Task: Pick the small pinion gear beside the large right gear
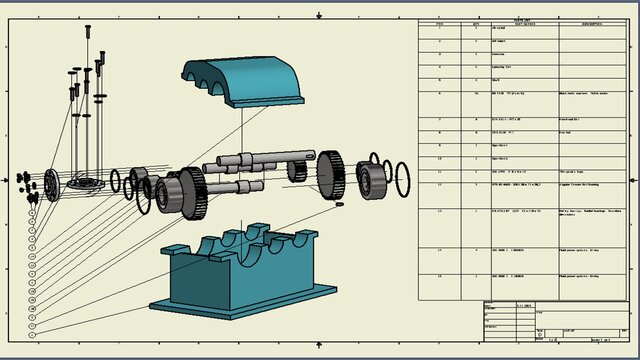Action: click(297, 171)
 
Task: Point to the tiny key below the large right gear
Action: click(339, 204)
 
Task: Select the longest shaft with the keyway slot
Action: click(260, 158)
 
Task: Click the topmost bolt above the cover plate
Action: click(89, 29)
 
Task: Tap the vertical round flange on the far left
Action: click(51, 185)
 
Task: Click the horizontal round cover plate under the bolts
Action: click(84, 182)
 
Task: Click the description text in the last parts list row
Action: click(580, 276)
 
